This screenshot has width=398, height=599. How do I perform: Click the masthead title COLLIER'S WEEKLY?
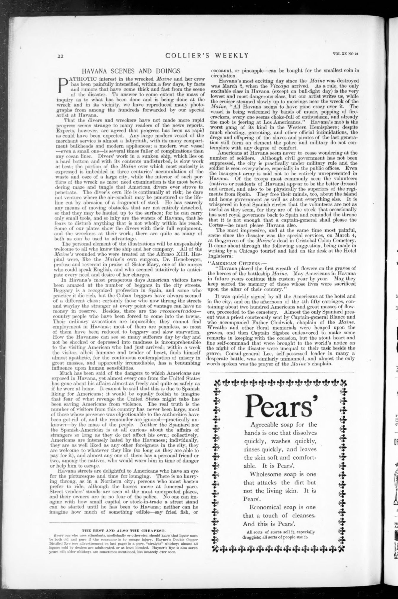pyautogui.click(x=207, y=55)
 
